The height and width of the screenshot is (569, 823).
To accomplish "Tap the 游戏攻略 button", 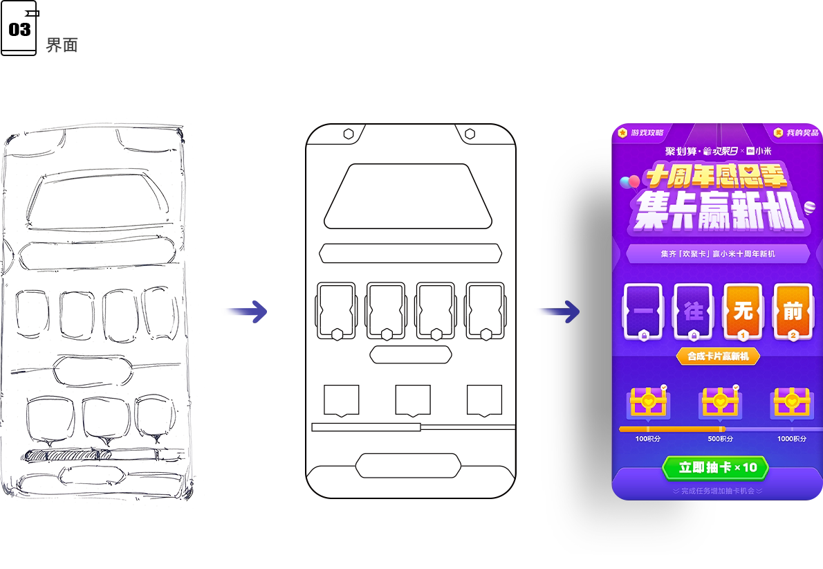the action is tap(641, 132).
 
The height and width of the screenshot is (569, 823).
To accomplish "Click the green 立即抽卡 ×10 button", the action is tap(715, 468).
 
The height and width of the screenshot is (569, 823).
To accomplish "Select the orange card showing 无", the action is tap(742, 311).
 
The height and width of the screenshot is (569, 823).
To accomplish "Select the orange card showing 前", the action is tap(793, 311).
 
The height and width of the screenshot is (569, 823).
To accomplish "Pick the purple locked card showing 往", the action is tap(693, 311).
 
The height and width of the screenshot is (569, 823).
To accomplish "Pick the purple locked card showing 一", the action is tap(642, 311).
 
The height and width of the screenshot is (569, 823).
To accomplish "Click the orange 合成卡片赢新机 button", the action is tap(717, 356).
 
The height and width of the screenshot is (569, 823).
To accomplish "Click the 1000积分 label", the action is tap(791, 439).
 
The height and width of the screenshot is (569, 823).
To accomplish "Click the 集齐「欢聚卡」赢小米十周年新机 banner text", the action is tap(717, 254).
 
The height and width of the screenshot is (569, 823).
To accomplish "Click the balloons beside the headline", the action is tap(629, 182).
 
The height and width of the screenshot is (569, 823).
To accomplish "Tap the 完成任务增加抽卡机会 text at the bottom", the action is tap(717, 491).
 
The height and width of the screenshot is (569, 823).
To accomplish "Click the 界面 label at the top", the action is tap(62, 46).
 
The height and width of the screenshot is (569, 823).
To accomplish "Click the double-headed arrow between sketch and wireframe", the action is tap(243, 312).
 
